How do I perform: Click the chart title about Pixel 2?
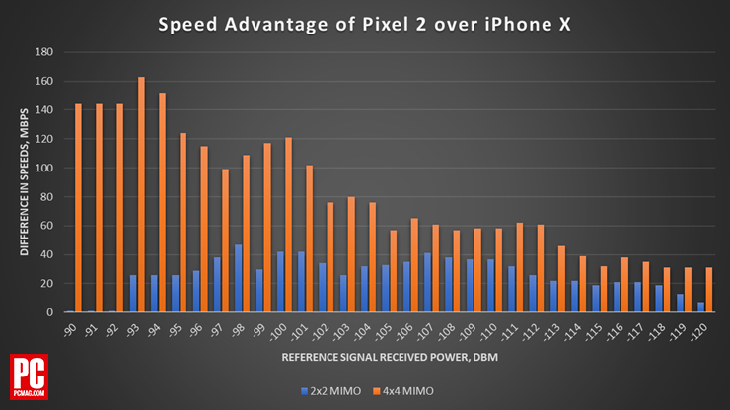pyautogui.click(x=364, y=23)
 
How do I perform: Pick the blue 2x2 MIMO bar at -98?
pyautogui.click(x=238, y=279)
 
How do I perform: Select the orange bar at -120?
pyautogui.click(x=708, y=290)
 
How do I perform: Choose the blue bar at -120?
pyautogui.click(x=700, y=307)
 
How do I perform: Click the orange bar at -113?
pyautogui.click(x=561, y=279)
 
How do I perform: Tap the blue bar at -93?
pyautogui.click(x=133, y=294)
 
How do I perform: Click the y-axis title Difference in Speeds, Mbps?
pyautogui.click(x=24, y=182)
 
